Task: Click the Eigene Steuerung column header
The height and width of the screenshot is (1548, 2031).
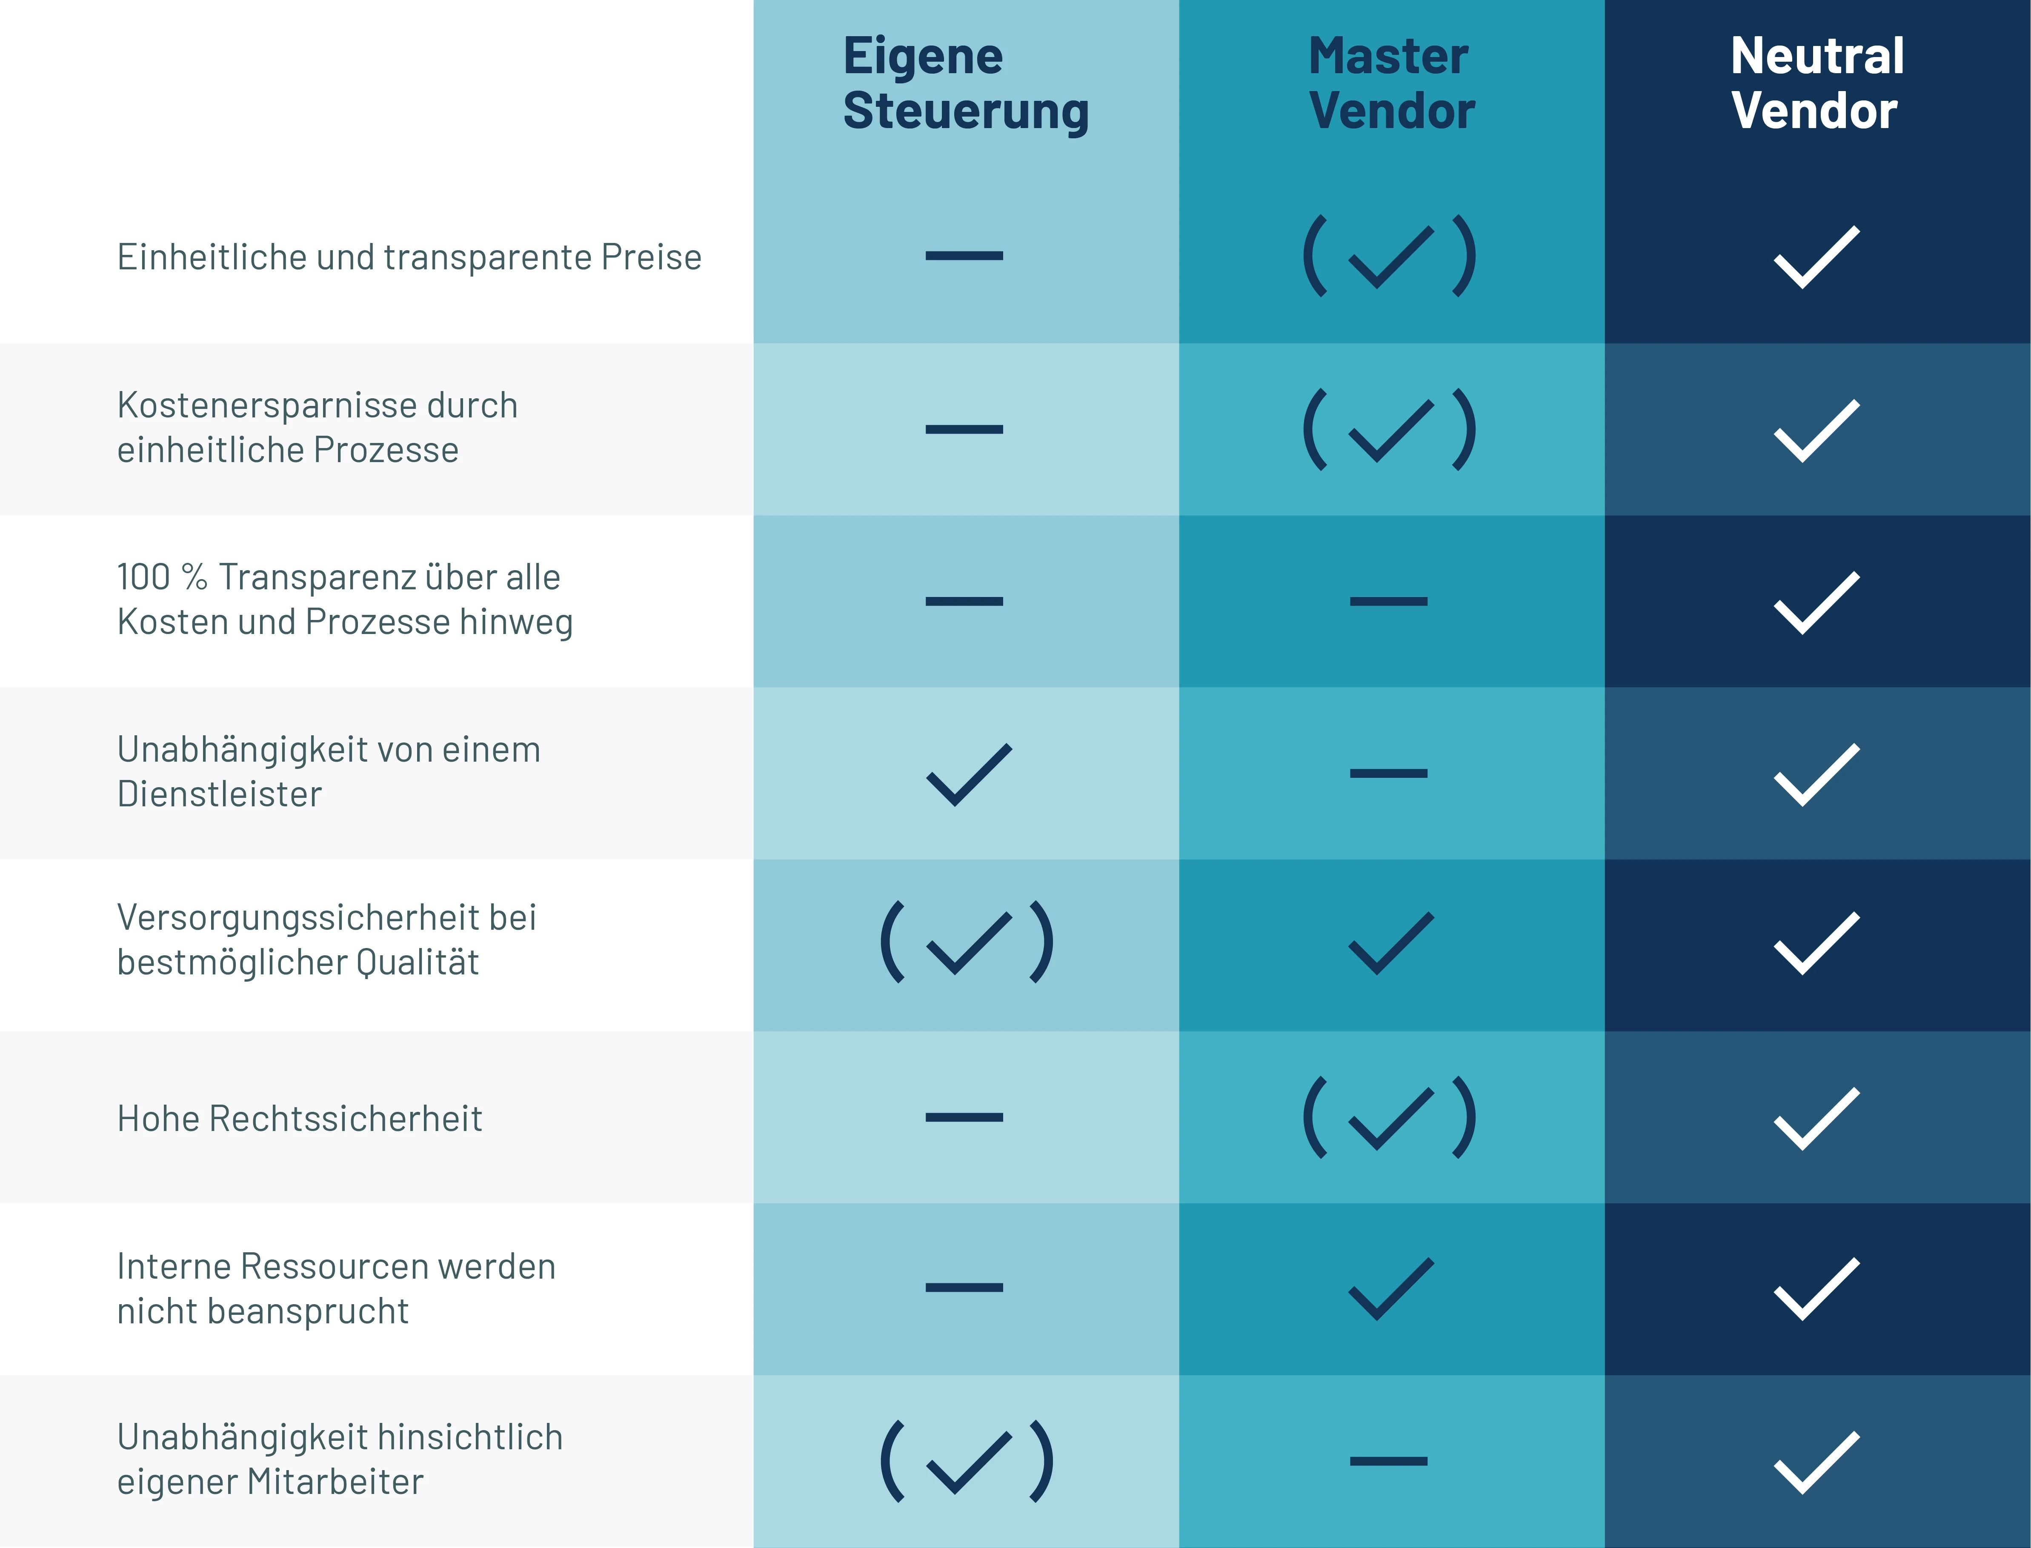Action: click(x=966, y=84)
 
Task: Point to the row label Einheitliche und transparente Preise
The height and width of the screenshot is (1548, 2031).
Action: click(x=409, y=257)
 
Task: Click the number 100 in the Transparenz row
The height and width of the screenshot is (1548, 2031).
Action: click(x=144, y=577)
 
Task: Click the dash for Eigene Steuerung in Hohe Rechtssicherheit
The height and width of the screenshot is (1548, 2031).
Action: click(x=964, y=1117)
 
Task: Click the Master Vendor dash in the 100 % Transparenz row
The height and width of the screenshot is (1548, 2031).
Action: click(x=1389, y=601)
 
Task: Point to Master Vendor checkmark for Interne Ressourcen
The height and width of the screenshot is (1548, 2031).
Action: click(x=1391, y=1289)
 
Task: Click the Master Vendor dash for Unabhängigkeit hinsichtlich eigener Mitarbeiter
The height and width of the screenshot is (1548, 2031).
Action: click(x=1389, y=1460)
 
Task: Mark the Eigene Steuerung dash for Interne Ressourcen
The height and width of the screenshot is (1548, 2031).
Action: click(x=964, y=1287)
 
